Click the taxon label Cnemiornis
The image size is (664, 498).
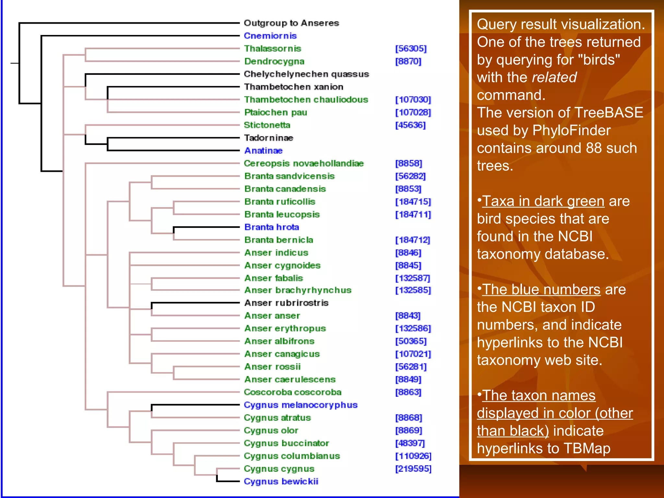click(270, 36)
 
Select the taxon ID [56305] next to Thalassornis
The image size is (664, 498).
click(411, 49)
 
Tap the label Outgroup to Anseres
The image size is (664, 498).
click(291, 23)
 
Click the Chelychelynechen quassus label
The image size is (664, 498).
click(306, 74)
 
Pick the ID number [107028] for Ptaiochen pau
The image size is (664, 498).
click(413, 113)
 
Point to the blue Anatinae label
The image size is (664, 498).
click(263, 151)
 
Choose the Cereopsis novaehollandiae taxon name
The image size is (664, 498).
click(303, 163)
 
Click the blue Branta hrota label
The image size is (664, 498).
click(271, 227)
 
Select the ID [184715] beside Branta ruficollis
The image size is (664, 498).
click(413, 202)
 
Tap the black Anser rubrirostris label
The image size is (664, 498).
click(286, 303)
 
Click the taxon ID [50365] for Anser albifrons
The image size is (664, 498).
click(411, 341)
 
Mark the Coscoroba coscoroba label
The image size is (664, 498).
click(292, 392)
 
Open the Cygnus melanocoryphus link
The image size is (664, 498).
click(300, 405)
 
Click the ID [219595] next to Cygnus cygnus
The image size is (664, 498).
click(413, 469)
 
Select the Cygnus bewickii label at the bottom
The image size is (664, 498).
click(281, 481)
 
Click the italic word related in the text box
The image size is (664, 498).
click(554, 77)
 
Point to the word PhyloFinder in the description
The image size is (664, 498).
click(571, 131)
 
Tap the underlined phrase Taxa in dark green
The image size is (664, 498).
click(543, 201)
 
